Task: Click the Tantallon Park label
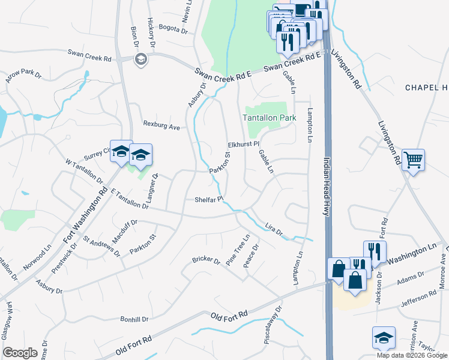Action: [x=270, y=118]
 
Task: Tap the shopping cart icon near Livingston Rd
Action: [x=413, y=160]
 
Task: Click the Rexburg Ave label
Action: [x=161, y=127]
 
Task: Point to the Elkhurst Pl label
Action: [x=243, y=144]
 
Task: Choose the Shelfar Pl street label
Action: [x=208, y=199]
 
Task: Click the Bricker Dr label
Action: [x=206, y=260]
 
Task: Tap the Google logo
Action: [x=20, y=352]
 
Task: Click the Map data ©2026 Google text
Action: [x=411, y=355]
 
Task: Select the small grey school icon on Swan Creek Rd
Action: [x=140, y=58]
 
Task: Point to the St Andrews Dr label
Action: [x=101, y=245]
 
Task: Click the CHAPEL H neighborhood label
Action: [x=426, y=88]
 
